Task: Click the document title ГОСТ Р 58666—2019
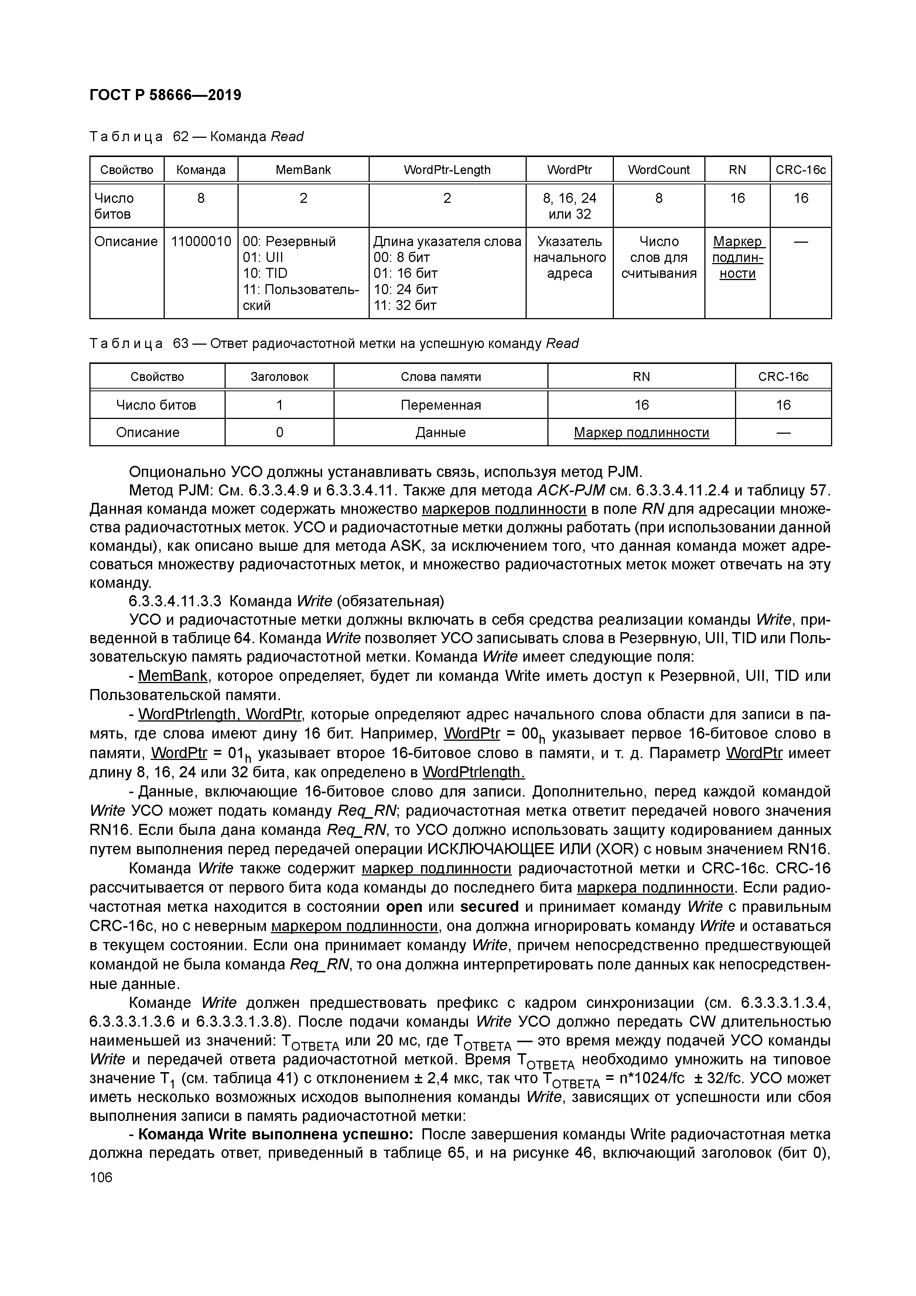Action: click(x=165, y=95)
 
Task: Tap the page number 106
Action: click(x=101, y=1177)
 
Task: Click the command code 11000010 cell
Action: click(x=201, y=242)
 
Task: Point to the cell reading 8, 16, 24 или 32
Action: click(x=570, y=206)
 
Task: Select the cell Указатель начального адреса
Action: click(x=570, y=258)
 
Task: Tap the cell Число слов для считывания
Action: click(x=659, y=258)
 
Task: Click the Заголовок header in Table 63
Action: click(x=279, y=376)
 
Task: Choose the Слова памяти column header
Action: click(x=441, y=376)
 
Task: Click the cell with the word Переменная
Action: click(x=441, y=405)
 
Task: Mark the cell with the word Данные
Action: click(x=441, y=432)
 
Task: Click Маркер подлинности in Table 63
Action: click(x=641, y=432)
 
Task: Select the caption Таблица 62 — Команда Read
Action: click(x=196, y=137)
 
